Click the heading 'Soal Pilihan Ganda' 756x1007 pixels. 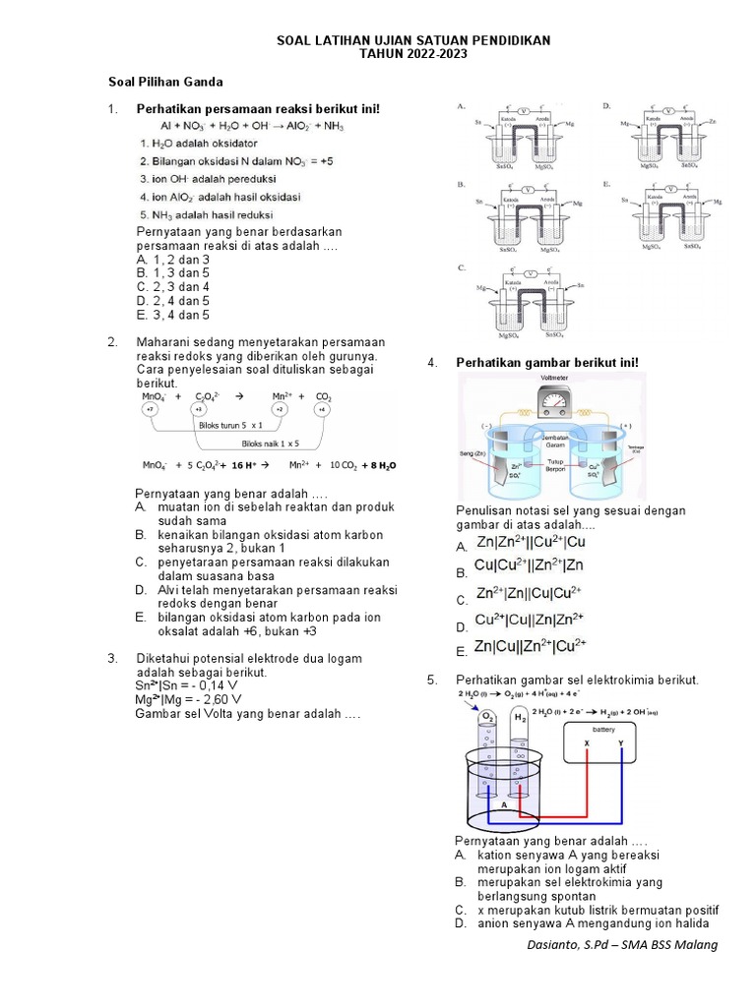[165, 82]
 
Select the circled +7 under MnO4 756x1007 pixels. [151, 408]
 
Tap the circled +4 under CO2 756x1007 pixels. [321, 408]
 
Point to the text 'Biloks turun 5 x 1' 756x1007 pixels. [230, 425]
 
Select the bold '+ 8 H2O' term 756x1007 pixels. [378, 465]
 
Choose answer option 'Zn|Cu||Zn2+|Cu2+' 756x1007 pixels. [530, 646]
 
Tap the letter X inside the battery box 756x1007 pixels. [587, 743]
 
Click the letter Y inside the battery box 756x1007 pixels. [620, 743]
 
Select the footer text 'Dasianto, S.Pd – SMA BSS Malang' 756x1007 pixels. [622, 945]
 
